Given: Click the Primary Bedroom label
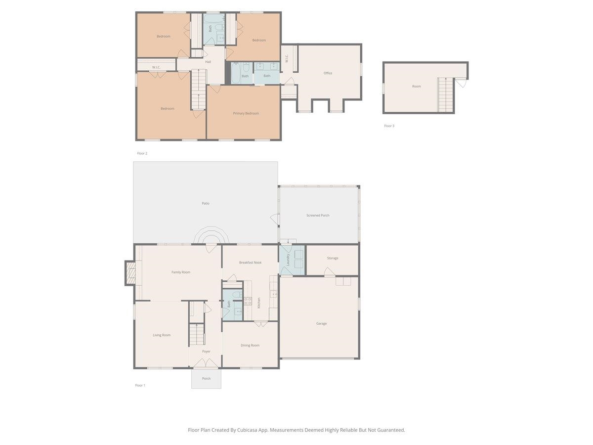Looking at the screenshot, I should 246,113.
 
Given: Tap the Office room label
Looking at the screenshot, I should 328,73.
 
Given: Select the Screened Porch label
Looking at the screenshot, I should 318,216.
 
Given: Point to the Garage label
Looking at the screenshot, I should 321,323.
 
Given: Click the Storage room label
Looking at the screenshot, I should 333,258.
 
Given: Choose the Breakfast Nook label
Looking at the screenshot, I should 250,263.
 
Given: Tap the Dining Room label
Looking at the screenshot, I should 250,345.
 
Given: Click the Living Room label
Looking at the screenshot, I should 162,335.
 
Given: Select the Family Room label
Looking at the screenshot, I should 181,272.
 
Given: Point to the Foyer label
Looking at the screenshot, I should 206,352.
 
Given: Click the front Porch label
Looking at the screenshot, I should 206,379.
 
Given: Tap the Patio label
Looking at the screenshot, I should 206,203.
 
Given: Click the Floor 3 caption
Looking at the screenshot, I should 389,126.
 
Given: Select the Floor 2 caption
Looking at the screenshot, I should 142,153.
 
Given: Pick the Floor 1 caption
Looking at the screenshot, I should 140,385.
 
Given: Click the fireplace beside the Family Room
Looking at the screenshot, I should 130,273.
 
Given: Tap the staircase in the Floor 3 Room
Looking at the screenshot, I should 445,95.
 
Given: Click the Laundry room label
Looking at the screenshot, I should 288,260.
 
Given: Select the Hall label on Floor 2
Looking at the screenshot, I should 208,62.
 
